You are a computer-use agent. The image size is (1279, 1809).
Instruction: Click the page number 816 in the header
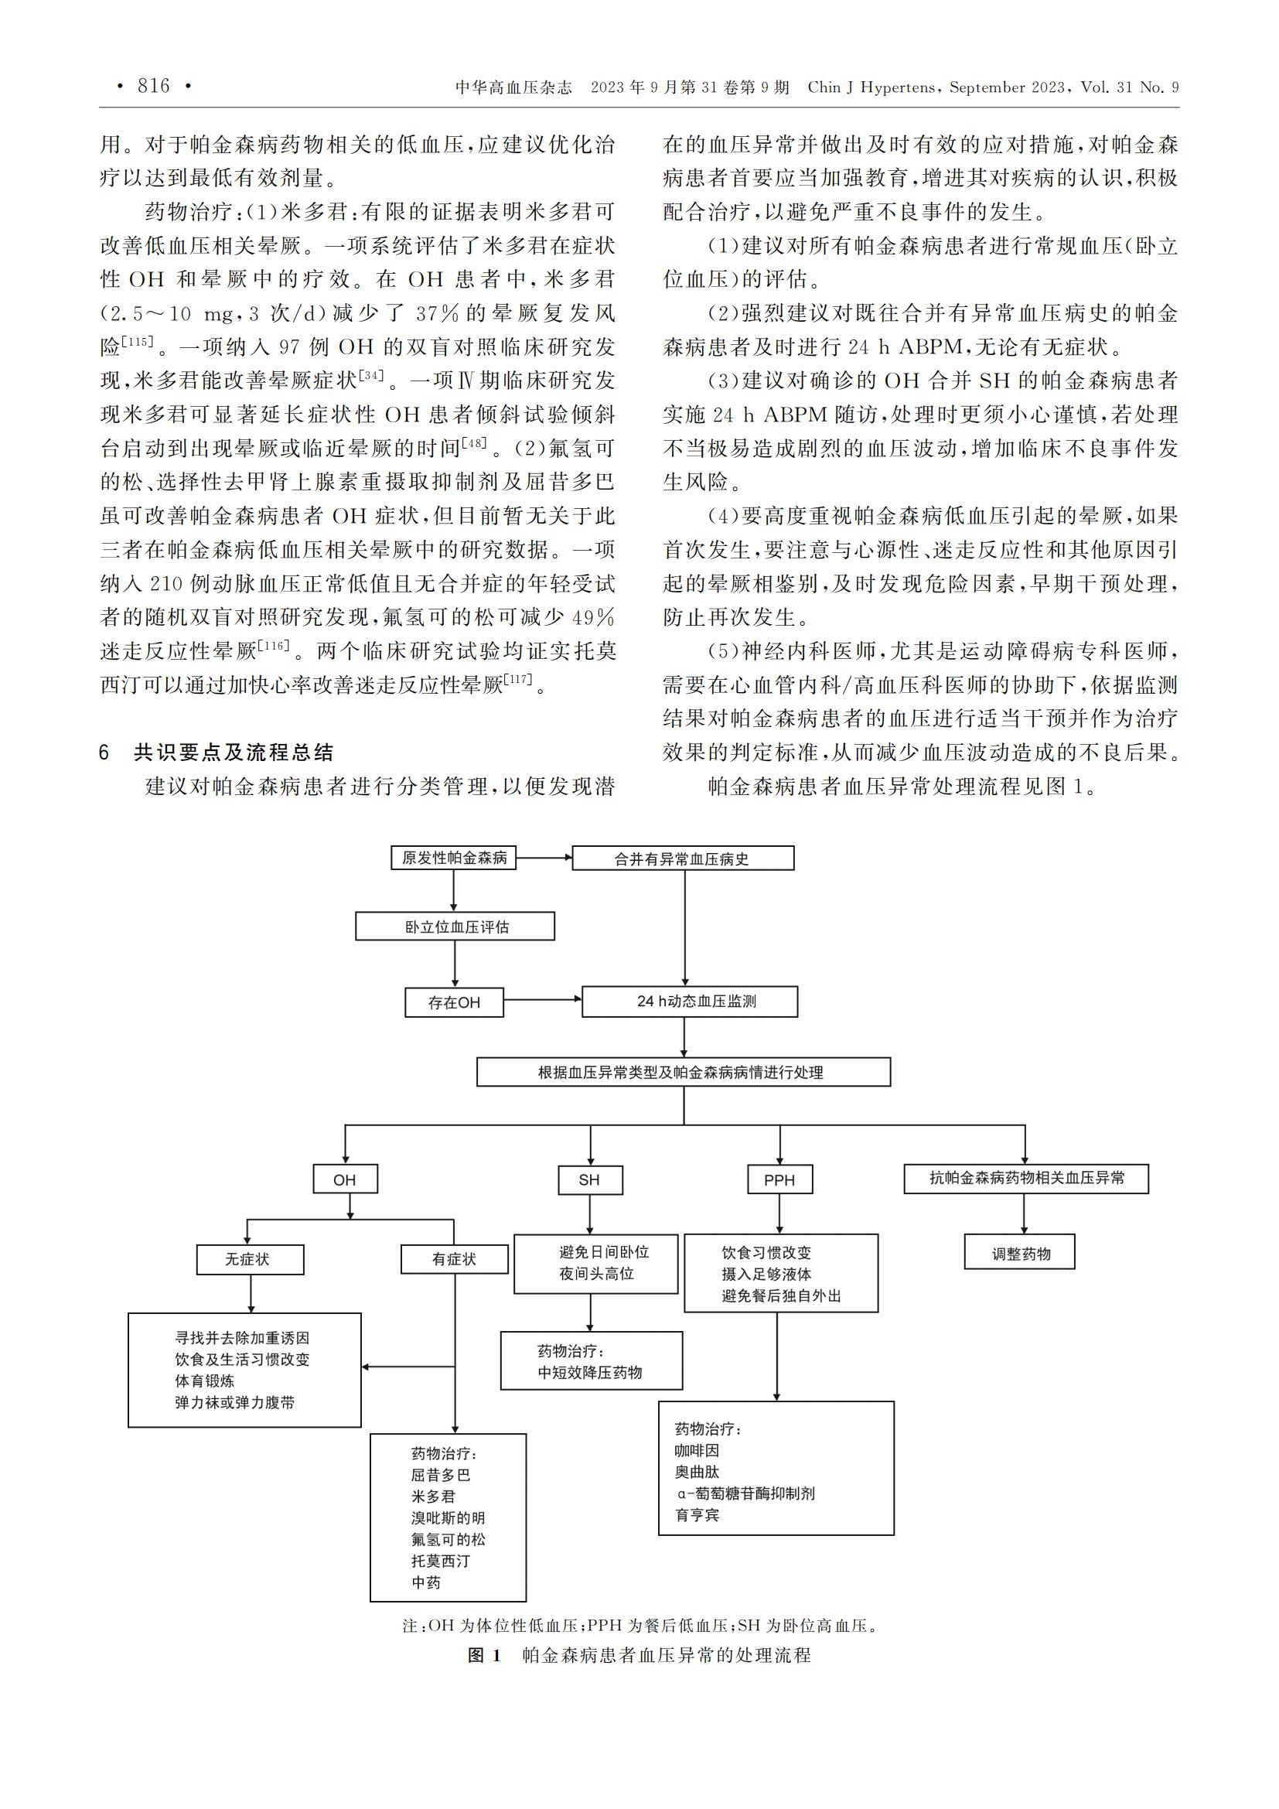tap(154, 86)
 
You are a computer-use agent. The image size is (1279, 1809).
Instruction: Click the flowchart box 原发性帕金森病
tap(454, 858)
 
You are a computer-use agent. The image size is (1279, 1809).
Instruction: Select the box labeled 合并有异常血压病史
tap(683, 858)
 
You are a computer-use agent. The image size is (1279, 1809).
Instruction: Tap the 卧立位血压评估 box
tap(455, 927)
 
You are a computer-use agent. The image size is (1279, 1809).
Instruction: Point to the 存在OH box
tap(455, 1002)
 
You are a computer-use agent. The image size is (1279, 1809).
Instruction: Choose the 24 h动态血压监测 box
tap(690, 1002)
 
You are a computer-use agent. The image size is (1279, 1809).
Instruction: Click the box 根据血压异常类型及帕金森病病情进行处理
tap(684, 1072)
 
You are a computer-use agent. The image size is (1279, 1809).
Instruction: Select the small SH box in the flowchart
tap(590, 1179)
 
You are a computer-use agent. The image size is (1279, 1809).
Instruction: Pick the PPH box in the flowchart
tap(779, 1179)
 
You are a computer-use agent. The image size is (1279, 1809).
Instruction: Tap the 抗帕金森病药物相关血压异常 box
tap(1026, 1179)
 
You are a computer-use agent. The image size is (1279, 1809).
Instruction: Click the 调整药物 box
tap(1020, 1254)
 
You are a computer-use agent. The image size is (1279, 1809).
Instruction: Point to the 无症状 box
tap(250, 1259)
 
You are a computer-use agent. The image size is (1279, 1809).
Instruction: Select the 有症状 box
tap(455, 1259)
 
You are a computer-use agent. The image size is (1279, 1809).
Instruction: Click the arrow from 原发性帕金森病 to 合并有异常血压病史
tap(544, 858)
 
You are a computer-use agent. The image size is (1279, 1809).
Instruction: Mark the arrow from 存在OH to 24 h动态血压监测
tap(543, 1000)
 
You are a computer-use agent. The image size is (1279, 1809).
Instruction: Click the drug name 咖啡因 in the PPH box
tap(697, 1450)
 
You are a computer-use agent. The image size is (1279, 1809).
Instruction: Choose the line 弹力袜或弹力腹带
tap(235, 1402)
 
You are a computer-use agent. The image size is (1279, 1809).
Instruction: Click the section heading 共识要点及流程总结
tap(234, 753)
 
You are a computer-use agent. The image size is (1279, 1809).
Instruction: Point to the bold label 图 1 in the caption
tap(484, 1655)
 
